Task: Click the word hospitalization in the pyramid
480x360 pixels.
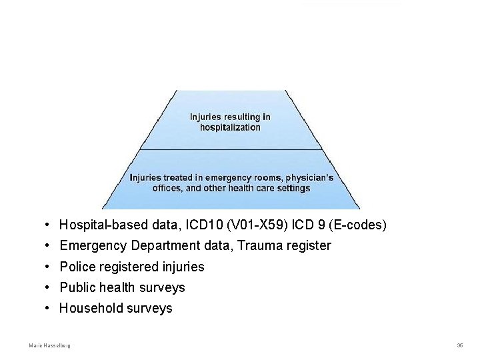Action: (x=230, y=127)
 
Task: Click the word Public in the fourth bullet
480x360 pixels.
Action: (x=75, y=287)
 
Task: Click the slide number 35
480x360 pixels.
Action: (x=460, y=345)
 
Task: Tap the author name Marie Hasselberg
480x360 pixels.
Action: (x=50, y=345)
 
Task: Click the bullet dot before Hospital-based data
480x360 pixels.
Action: (x=49, y=225)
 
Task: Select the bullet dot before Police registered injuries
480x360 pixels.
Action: (x=49, y=267)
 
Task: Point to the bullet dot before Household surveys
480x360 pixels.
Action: (x=49, y=308)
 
